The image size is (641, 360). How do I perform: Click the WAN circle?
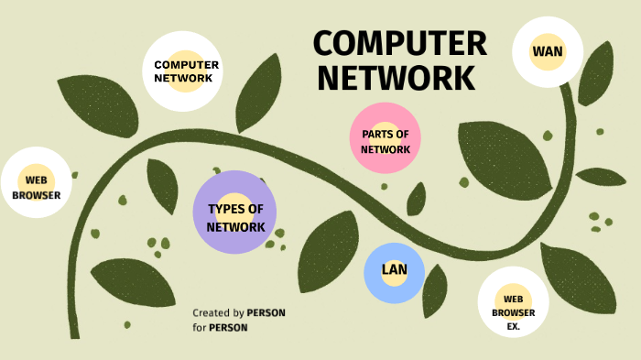coord(548,51)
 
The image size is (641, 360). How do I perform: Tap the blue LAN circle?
coord(394,270)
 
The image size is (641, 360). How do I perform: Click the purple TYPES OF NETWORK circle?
coord(235,213)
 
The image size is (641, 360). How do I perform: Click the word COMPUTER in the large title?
coord(399,44)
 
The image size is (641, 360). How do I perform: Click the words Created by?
coord(218,313)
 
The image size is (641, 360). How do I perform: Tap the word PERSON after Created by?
coord(266,313)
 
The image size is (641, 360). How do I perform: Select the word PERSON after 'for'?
coord(228,327)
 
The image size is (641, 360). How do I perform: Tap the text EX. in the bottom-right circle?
coord(513,325)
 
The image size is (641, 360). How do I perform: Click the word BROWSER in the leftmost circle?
coord(36,195)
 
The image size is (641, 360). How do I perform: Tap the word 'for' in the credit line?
coord(199,327)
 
